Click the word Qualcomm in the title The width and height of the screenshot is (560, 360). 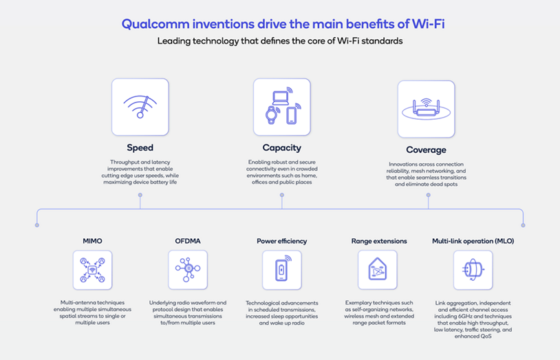coord(155,23)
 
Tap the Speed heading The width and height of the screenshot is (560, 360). coord(140,147)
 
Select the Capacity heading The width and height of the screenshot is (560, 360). coord(281,147)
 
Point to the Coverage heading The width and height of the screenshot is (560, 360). coord(426,149)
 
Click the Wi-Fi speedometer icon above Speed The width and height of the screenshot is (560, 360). coord(140,107)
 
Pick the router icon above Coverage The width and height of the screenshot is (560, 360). coord(426,108)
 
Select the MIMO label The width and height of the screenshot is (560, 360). coord(92,242)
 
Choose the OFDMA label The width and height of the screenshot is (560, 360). coord(187,242)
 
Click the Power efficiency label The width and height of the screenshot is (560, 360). coord(282,242)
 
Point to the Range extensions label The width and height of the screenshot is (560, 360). coord(378,242)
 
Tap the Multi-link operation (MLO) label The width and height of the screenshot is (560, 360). coord(473,242)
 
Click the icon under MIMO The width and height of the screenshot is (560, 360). coord(92,270)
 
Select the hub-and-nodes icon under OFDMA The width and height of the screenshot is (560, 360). coord(187,270)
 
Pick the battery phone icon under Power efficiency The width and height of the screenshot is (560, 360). coord(282,270)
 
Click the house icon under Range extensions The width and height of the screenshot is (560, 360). coord(378,270)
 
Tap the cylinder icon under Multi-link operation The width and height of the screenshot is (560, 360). coord(473,270)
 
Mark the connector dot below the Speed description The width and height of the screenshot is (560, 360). coord(140,195)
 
